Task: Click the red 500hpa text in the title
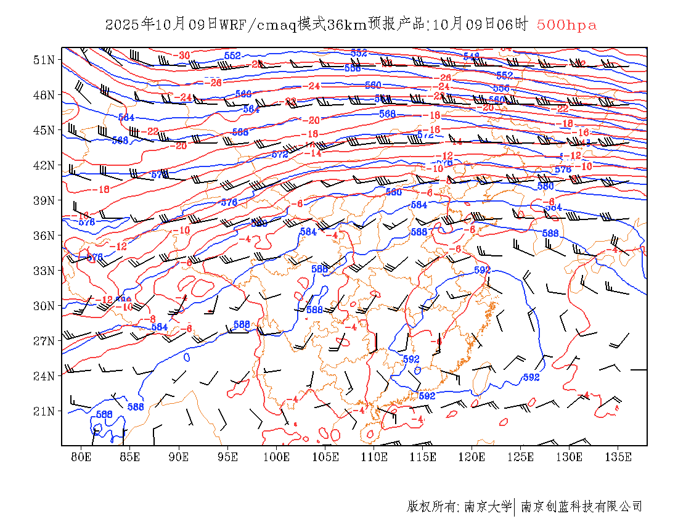click(x=566, y=25)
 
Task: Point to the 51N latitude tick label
click(x=44, y=60)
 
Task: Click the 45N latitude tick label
click(x=44, y=130)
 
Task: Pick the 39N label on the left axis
click(x=44, y=200)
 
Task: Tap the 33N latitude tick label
click(x=44, y=271)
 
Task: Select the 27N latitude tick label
click(x=44, y=341)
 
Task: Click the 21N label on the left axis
click(x=44, y=411)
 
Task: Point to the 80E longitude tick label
click(x=81, y=457)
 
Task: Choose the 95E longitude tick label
click(x=228, y=457)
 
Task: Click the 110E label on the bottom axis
click(x=374, y=457)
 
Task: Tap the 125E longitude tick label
click(x=521, y=457)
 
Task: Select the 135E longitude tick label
click(x=618, y=457)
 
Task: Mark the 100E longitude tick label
click(x=277, y=457)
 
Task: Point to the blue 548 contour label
click(x=471, y=56)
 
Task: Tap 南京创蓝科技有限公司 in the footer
click(x=581, y=507)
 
